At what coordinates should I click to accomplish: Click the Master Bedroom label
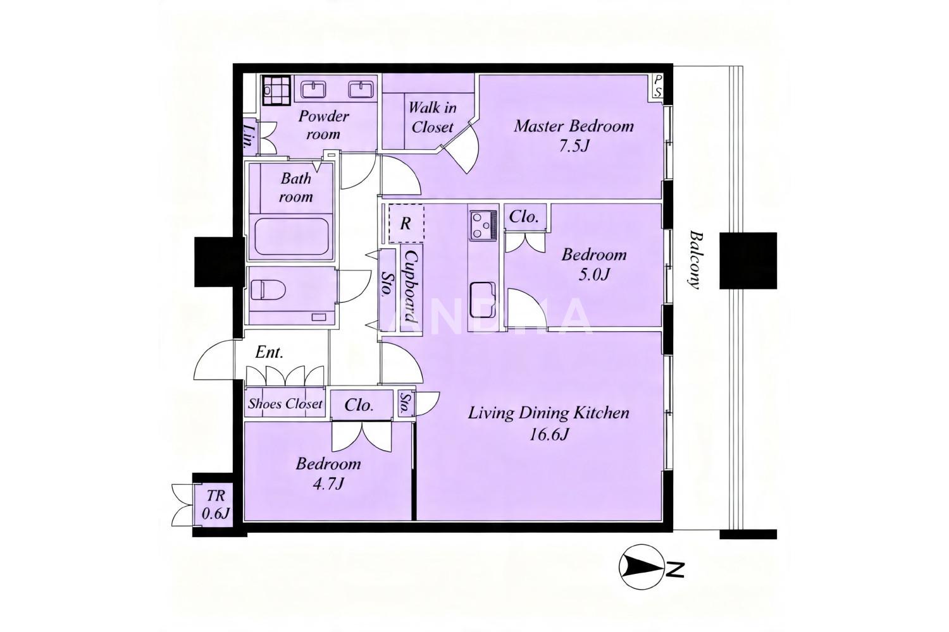point(574,126)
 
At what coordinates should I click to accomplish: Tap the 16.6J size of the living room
point(549,434)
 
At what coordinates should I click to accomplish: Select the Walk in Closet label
point(432,118)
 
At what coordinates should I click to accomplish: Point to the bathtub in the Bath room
point(293,236)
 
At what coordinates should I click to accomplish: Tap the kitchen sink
point(483,300)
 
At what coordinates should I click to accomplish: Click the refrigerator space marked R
point(406,223)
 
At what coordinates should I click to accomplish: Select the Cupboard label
point(412,286)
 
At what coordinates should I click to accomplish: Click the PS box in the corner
point(657,87)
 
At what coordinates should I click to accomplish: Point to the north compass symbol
point(640,567)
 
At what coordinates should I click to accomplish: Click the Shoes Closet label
point(285,403)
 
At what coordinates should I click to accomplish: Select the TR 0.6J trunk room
point(215,504)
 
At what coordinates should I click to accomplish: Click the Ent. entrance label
point(269,352)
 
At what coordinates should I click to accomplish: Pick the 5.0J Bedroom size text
point(594,275)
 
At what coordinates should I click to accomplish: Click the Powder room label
point(323,125)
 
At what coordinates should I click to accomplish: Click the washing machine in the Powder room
point(276,90)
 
